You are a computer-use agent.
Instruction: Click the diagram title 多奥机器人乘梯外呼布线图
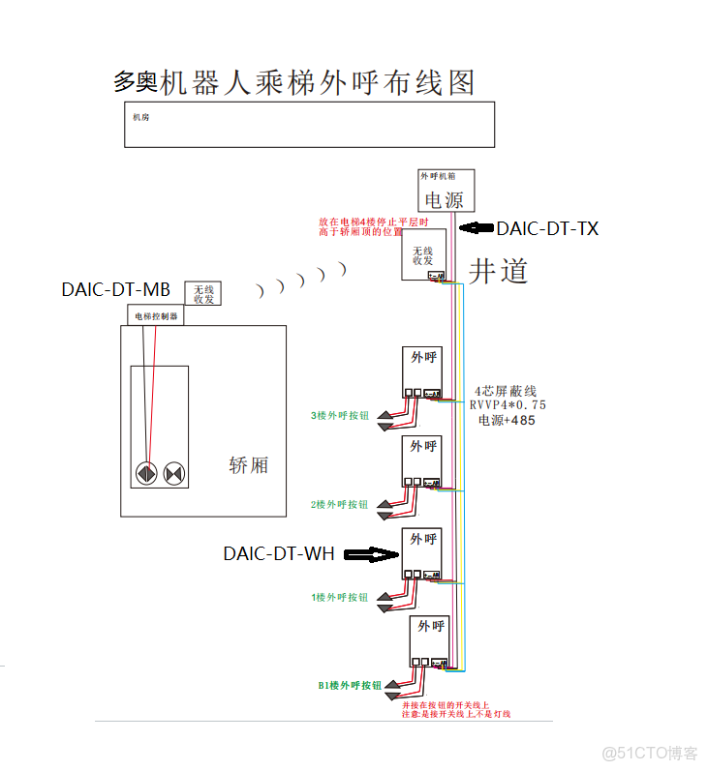click(x=294, y=82)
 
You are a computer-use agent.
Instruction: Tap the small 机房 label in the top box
click(x=140, y=117)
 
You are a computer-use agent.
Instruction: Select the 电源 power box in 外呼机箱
click(x=446, y=199)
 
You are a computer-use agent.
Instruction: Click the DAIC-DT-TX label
click(x=547, y=229)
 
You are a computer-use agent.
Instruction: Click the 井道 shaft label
click(x=499, y=271)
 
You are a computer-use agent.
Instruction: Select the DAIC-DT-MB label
click(x=115, y=289)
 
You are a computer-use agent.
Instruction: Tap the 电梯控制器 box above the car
click(x=156, y=315)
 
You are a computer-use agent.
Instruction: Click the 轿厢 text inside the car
click(x=248, y=465)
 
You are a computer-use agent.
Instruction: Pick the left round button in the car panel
click(x=146, y=474)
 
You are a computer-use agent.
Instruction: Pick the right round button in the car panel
click(x=174, y=474)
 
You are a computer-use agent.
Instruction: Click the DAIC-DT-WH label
click(x=279, y=554)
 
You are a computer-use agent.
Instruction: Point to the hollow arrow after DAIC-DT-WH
click(x=371, y=554)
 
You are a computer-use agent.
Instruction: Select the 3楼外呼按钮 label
click(x=339, y=416)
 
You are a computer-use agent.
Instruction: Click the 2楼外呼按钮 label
click(x=339, y=505)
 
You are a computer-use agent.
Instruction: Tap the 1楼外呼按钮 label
click(x=339, y=597)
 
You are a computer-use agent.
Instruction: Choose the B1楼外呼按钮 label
click(x=350, y=685)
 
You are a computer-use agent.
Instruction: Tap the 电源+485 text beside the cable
click(x=506, y=421)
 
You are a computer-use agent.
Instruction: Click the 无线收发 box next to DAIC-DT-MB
click(x=202, y=293)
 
